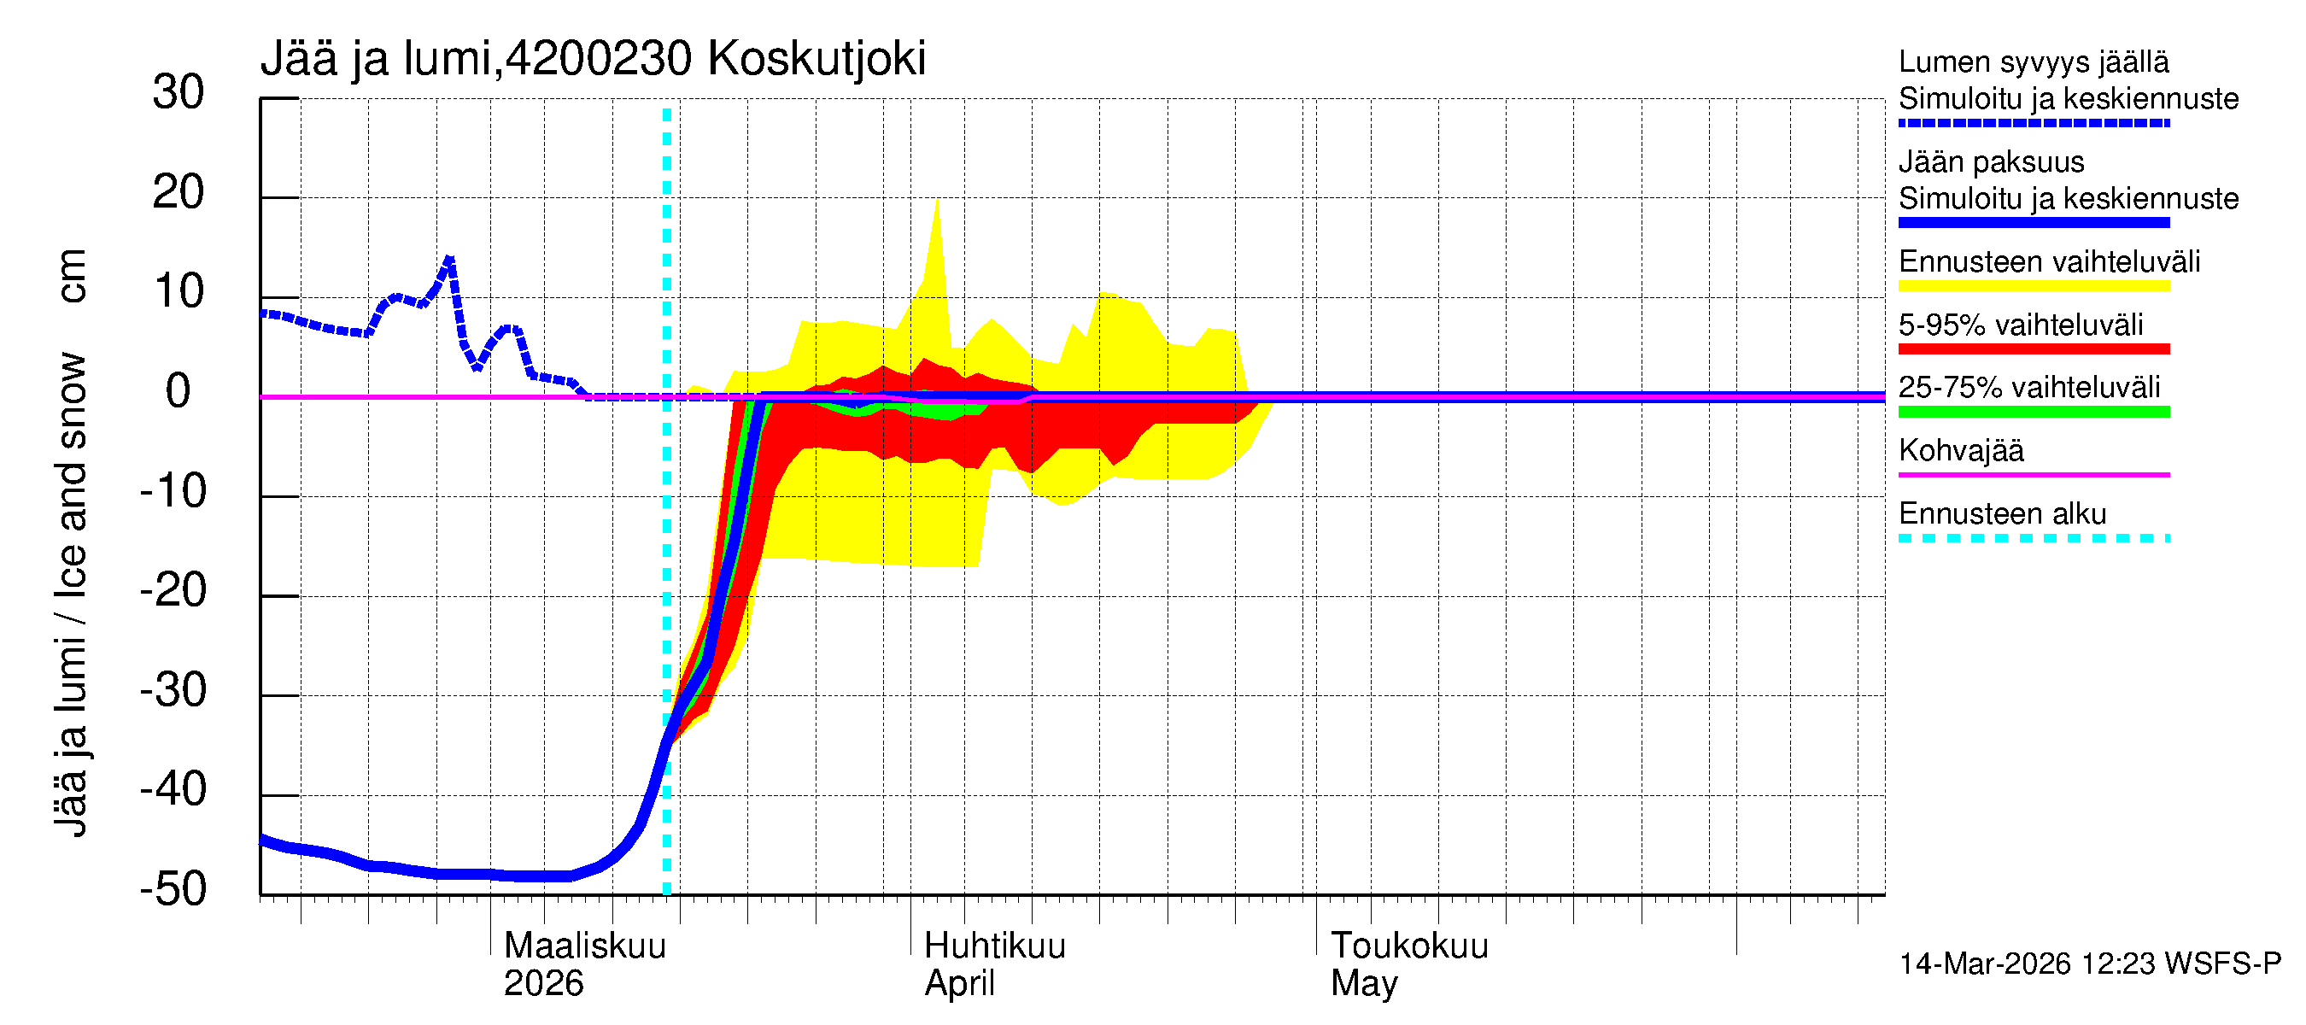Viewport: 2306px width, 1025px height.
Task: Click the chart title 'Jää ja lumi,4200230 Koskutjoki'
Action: click(593, 59)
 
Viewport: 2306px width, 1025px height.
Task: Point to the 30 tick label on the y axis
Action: click(179, 93)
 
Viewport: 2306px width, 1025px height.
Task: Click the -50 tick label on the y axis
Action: click(173, 890)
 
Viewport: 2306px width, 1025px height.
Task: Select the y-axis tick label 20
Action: click(179, 192)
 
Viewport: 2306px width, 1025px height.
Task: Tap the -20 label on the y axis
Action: click(173, 591)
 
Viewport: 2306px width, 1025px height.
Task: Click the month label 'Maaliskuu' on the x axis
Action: click(584, 946)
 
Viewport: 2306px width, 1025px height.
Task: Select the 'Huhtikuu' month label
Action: click(994, 946)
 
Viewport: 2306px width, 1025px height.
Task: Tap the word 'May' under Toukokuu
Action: click(1363, 984)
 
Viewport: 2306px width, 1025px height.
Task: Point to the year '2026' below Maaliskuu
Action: click(543, 984)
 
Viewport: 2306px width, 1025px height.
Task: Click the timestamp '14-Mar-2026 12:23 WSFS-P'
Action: click(2089, 964)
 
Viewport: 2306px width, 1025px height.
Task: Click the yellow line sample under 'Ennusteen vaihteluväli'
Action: click(2033, 286)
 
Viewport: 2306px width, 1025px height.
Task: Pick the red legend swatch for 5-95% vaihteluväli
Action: click(2033, 349)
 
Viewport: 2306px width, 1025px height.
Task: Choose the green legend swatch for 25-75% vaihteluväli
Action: click(2033, 412)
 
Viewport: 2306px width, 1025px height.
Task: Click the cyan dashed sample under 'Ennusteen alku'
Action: click(2033, 538)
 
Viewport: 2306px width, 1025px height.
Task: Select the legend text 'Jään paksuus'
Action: click(1991, 162)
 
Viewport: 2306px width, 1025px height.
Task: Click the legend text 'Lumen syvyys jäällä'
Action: click(2033, 61)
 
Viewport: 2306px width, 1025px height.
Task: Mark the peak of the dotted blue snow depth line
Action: click(449, 259)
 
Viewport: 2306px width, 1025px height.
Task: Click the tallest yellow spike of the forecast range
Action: click(936, 201)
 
